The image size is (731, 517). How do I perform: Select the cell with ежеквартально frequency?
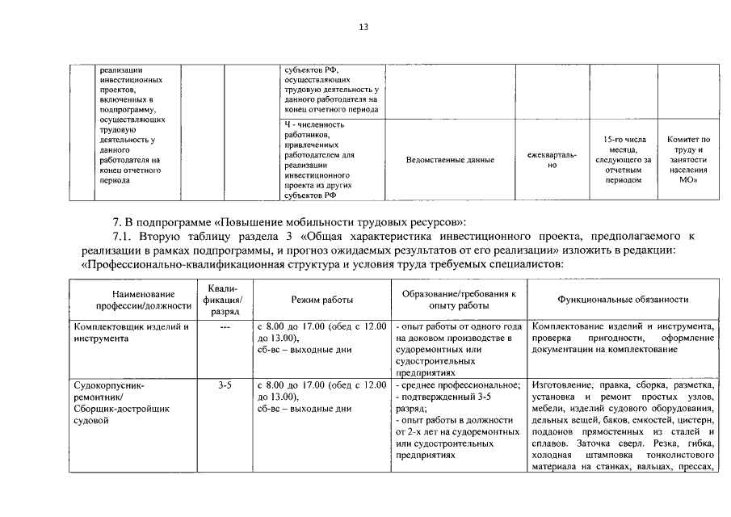pos(552,160)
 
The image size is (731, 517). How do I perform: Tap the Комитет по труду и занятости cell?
pos(688,160)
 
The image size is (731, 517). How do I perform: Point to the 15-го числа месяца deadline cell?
pos(623,160)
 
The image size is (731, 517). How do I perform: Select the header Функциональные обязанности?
pos(623,300)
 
